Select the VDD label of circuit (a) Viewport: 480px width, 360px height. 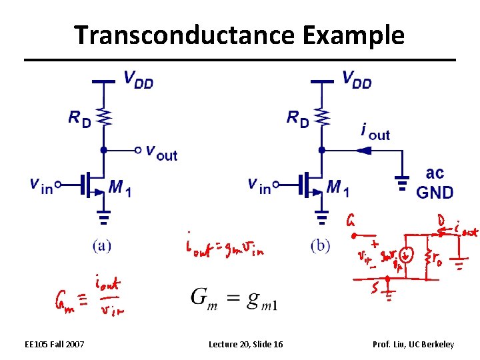coord(138,79)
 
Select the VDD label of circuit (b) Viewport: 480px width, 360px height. coord(357,79)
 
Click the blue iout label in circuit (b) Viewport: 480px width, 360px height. coord(375,131)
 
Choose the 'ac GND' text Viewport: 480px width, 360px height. coord(434,183)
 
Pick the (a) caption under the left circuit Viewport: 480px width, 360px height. coord(102,245)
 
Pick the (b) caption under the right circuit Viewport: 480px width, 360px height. coord(320,245)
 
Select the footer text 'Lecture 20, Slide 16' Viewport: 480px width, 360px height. coord(245,344)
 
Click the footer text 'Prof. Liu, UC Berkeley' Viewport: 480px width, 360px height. coord(414,344)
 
